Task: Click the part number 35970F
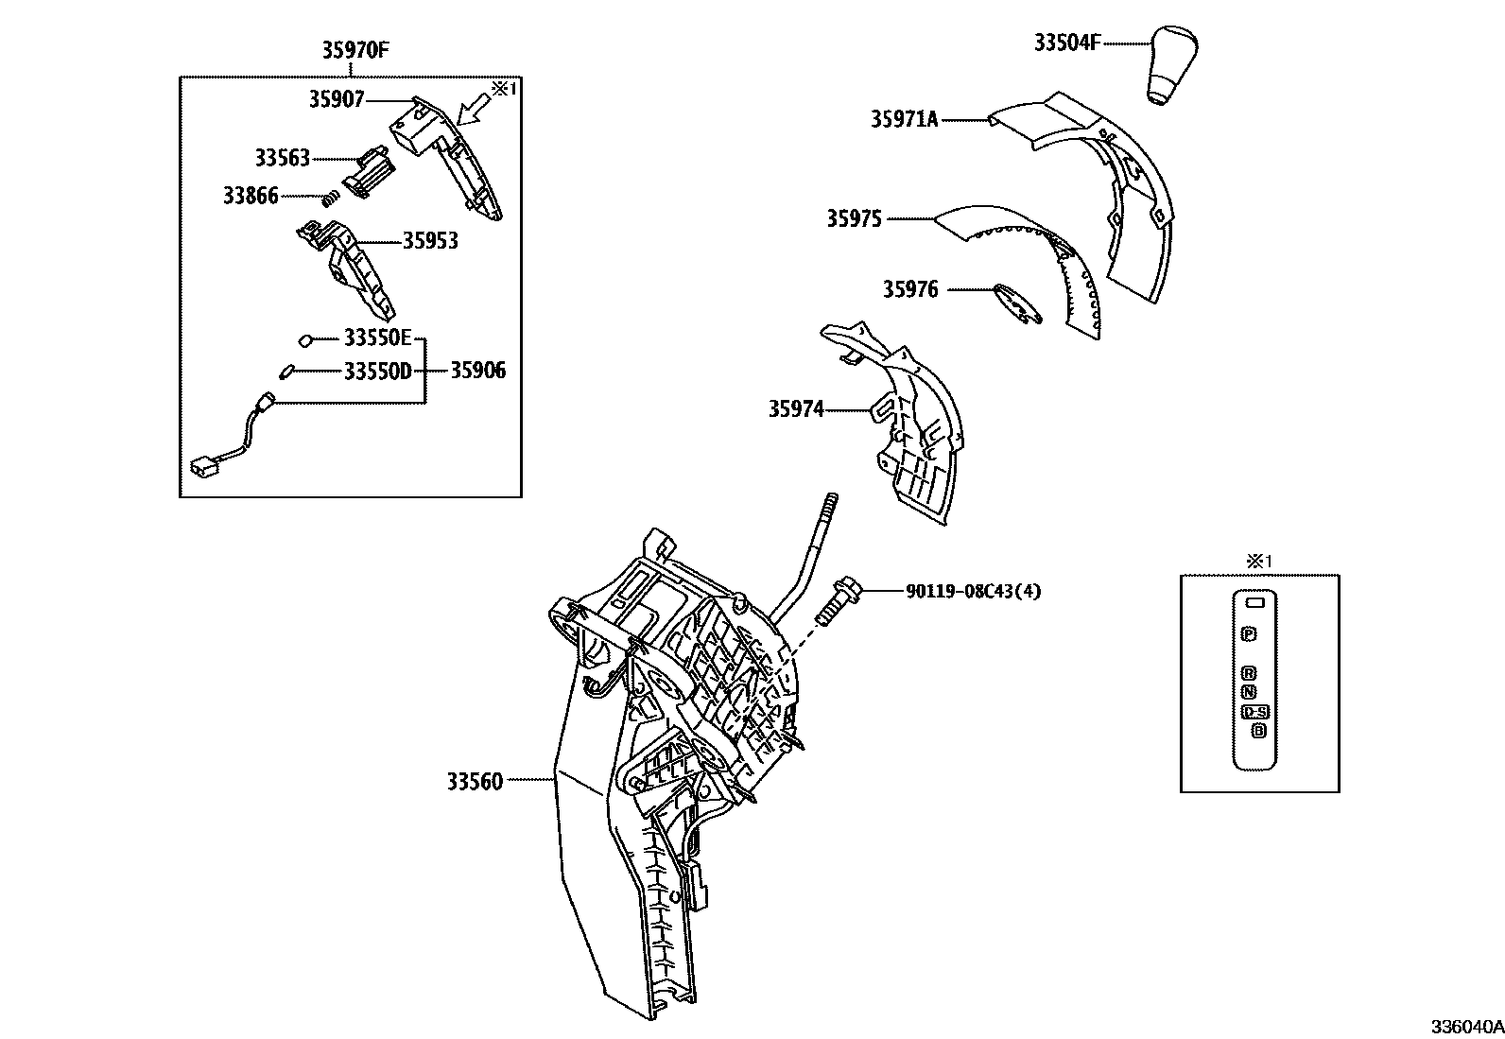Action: [355, 51]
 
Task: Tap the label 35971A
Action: [904, 119]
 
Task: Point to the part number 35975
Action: [854, 219]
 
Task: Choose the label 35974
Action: [795, 409]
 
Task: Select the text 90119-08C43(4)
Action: [973, 592]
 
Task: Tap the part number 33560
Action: [475, 781]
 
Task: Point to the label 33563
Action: [282, 158]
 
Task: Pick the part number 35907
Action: [336, 98]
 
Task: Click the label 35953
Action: [430, 241]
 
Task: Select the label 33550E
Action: [377, 338]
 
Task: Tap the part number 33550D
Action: [377, 370]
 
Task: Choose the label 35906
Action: [477, 371]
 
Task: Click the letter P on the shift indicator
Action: [1250, 633]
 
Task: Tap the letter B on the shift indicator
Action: [1257, 730]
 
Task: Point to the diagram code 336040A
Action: [1465, 1027]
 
